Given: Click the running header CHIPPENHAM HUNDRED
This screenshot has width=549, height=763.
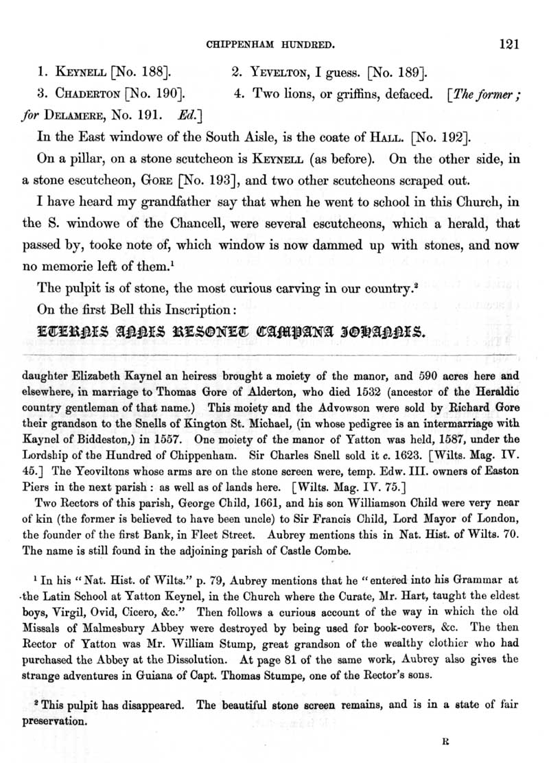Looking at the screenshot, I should [x=270, y=46].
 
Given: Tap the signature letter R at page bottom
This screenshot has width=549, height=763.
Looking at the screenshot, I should [x=445, y=741].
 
